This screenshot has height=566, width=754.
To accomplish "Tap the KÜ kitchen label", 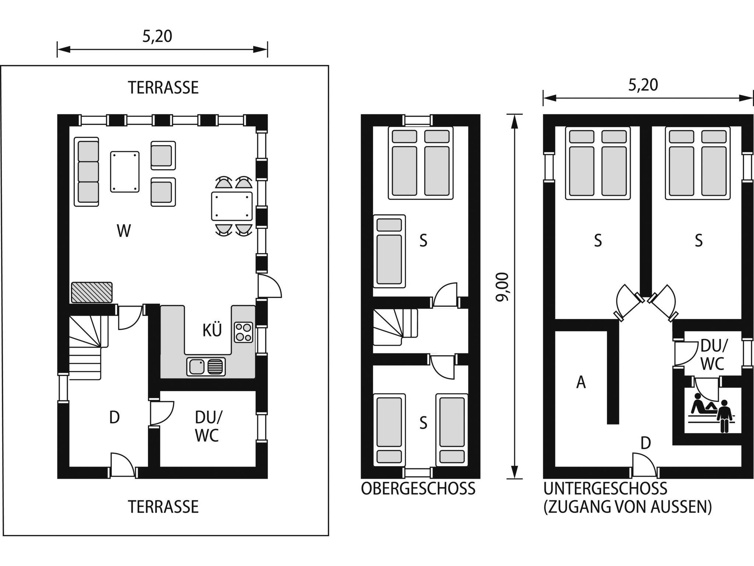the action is point(212,330).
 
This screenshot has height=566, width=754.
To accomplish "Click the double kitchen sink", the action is point(206,366).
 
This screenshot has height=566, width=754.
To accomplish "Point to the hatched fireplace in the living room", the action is point(92,293).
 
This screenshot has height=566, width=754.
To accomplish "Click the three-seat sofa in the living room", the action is point(87,172).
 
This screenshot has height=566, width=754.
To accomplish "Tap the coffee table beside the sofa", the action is point(125,171).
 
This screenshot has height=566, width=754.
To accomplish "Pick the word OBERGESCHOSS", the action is point(418,489).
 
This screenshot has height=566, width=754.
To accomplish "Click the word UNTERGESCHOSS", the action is point(605,489).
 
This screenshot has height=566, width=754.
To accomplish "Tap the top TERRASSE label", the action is point(163,88).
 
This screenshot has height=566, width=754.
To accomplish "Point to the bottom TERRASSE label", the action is point(163,507).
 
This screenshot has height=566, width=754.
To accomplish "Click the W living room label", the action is point(124,231).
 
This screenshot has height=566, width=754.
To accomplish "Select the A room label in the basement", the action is point(581,382).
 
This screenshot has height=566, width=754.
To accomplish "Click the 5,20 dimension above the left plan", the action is point(157,36).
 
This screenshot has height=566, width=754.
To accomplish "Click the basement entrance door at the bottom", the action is point(644,467).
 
